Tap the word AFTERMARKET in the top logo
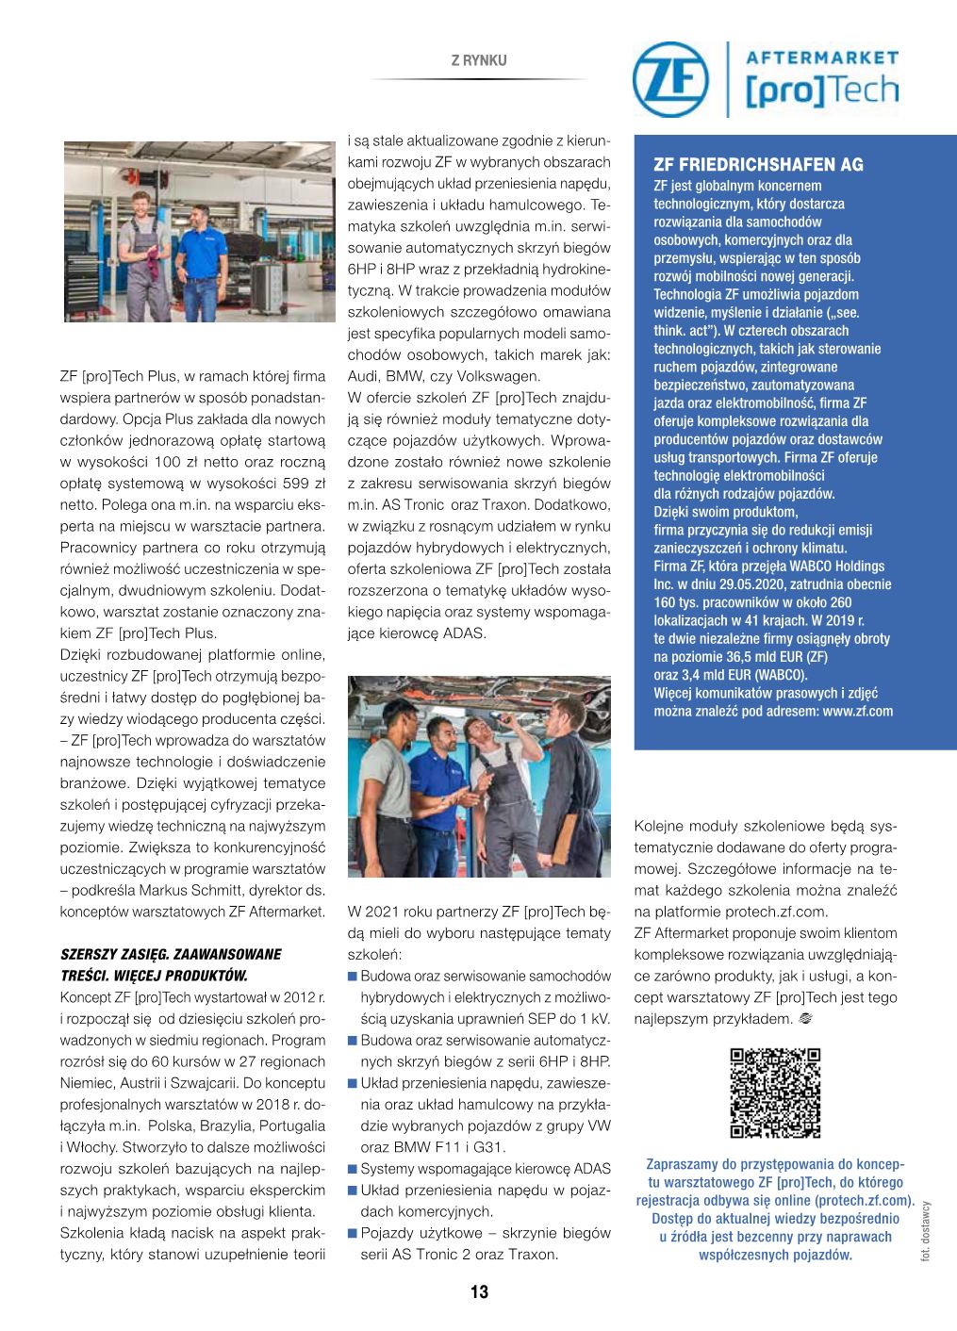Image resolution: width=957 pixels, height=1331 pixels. point(822,58)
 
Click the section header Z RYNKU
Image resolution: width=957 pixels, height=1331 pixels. point(479,60)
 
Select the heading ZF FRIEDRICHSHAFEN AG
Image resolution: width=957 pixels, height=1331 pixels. point(758,165)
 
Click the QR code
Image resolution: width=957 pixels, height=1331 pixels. point(775,1093)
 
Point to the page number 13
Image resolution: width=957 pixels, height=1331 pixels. point(479,1292)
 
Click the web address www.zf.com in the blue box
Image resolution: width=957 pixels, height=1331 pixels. point(857,711)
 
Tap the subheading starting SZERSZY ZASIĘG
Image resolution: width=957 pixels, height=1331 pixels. point(170,954)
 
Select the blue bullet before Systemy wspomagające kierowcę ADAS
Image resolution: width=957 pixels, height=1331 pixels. point(353,1170)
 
